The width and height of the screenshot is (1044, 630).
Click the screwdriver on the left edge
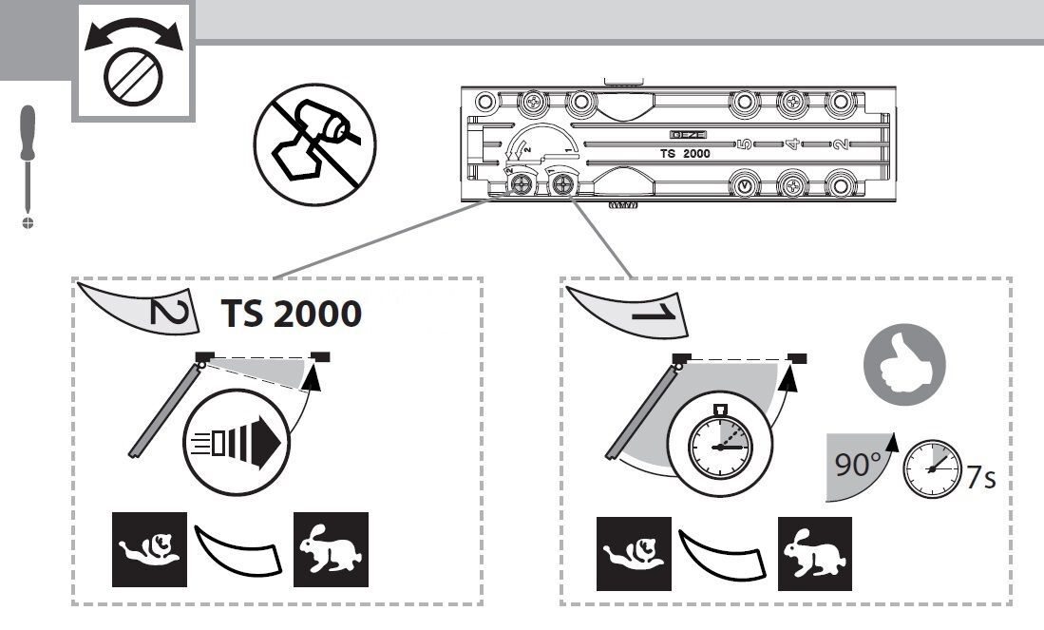tap(28, 162)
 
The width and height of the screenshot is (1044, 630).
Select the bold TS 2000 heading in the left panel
tap(291, 314)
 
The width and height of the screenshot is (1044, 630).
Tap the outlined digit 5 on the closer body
tap(745, 144)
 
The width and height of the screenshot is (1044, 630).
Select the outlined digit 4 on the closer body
tap(789, 144)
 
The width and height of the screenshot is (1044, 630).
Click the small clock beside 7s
tap(929, 468)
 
